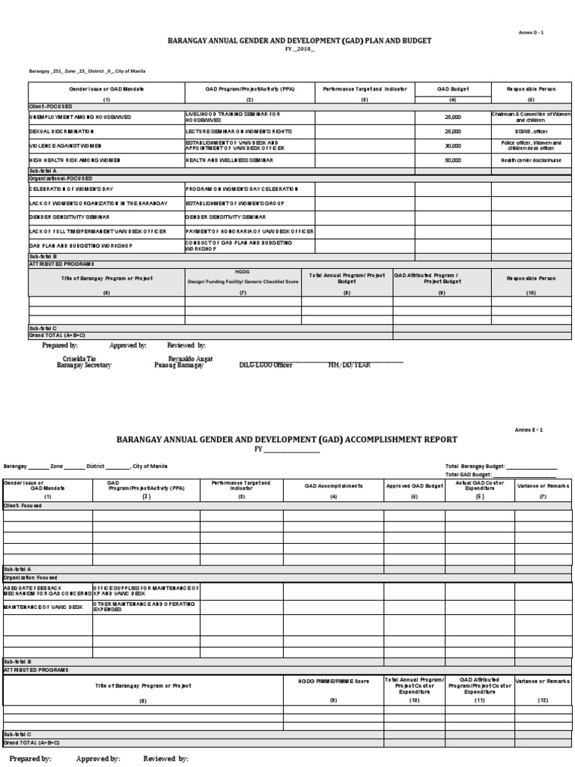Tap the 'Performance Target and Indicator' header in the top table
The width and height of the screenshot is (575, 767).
(x=365, y=89)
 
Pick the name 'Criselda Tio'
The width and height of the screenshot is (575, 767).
(x=79, y=359)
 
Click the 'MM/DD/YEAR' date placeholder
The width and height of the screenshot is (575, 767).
(x=350, y=365)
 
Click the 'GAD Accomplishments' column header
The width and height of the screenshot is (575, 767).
(x=333, y=485)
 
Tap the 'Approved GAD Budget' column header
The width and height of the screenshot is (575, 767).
(x=414, y=485)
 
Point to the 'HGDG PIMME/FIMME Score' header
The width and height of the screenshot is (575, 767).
(x=333, y=679)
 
